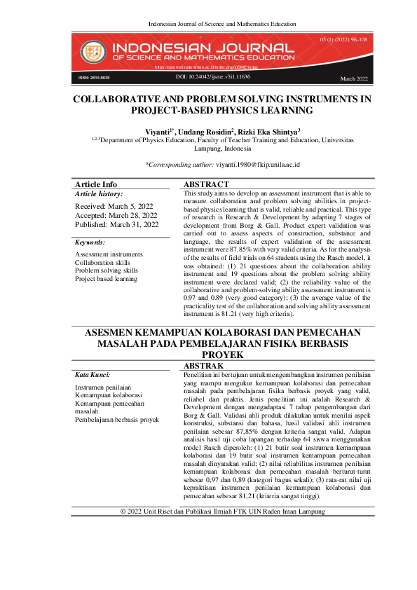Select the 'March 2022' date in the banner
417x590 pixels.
(x=353, y=78)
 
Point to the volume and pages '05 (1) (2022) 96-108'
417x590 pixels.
(x=343, y=41)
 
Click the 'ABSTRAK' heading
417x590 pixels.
(x=203, y=366)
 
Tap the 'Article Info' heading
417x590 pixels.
(x=96, y=184)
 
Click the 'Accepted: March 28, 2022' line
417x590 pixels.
(x=116, y=216)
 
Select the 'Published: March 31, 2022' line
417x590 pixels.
(x=116, y=225)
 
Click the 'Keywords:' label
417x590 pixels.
(x=90, y=242)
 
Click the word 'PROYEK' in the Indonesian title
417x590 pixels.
(x=222, y=355)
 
